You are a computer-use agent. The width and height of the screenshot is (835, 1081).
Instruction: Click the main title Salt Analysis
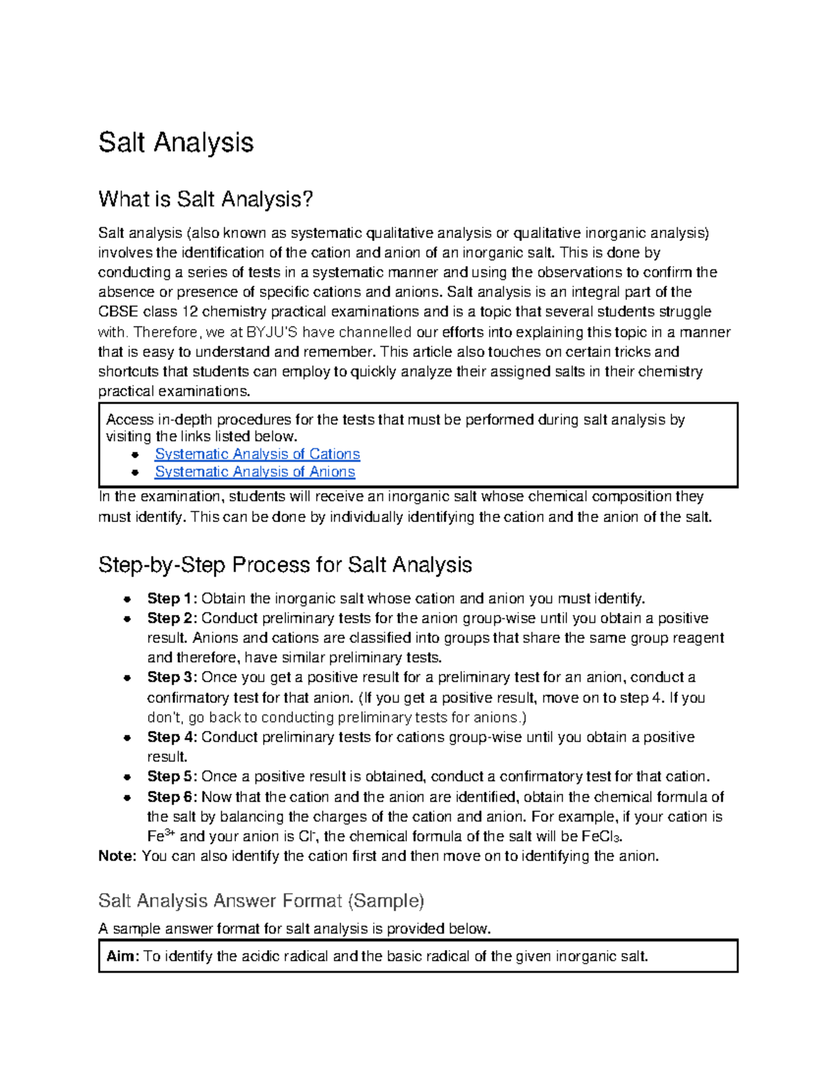click(176, 143)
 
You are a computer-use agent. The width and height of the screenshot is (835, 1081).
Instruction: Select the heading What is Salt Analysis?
click(206, 200)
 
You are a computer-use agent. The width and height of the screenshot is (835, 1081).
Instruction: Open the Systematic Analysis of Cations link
click(257, 454)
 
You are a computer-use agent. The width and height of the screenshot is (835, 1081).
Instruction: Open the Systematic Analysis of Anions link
click(255, 472)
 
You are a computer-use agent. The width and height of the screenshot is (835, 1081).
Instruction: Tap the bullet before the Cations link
click(135, 455)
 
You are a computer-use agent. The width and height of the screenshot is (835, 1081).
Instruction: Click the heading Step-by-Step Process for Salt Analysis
click(285, 565)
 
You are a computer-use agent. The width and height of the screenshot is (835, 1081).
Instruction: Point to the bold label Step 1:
click(172, 599)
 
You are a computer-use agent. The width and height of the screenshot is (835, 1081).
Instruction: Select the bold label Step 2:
click(172, 618)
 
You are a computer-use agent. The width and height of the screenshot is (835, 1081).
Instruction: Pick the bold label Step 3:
click(172, 677)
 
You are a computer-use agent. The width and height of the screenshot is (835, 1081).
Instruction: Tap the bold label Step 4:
click(172, 737)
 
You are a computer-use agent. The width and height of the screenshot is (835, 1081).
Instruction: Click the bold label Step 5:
click(172, 777)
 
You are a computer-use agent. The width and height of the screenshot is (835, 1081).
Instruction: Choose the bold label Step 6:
click(172, 797)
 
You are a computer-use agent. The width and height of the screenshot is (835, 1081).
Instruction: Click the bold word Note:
click(118, 856)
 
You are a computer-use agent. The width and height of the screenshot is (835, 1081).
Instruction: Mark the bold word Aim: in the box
click(123, 956)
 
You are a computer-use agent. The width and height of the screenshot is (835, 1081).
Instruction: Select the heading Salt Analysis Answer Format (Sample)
click(261, 901)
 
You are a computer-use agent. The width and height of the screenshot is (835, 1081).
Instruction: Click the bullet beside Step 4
click(127, 738)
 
